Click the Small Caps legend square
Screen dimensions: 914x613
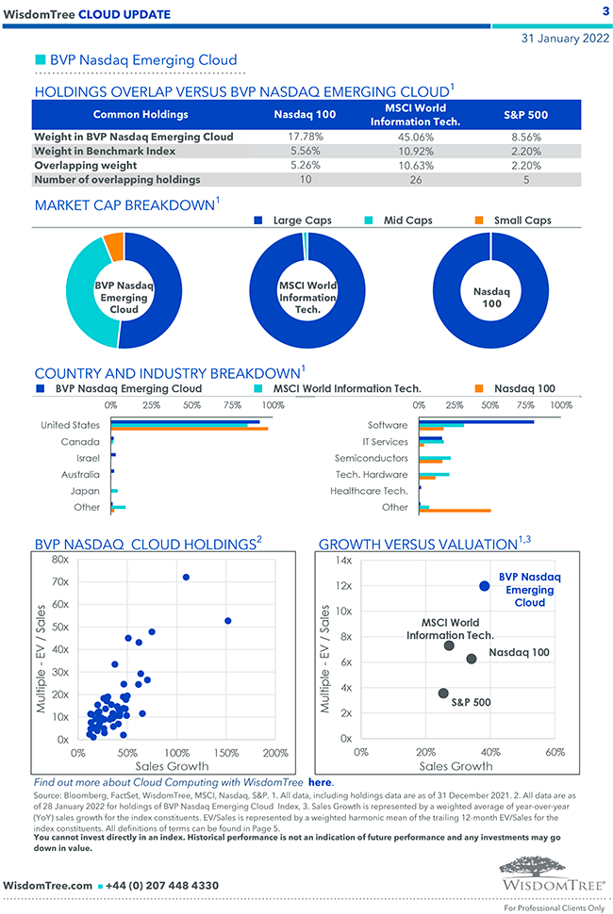coord(478,220)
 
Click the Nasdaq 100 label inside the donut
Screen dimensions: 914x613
coord(490,298)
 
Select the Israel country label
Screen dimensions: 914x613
coord(88,458)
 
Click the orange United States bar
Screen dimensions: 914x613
coord(190,430)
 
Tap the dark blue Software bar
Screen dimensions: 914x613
coord(476,421)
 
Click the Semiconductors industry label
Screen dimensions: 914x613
coord(371,458)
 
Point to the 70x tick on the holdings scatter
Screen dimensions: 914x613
coord(59,581)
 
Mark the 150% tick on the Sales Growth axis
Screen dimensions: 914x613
coord(225,753)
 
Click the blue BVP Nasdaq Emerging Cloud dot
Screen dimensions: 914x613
coord(485,586)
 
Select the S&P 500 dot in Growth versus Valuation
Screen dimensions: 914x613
coord(444,694)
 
